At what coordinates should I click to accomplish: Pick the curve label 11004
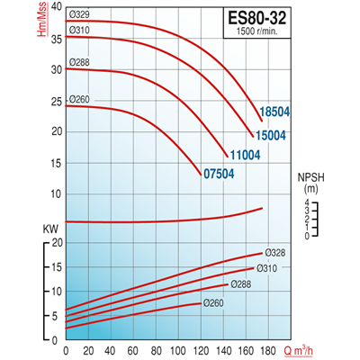point(244,155)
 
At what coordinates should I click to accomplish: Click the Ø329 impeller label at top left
point(53,14)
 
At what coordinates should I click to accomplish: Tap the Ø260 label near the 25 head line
point(53,100)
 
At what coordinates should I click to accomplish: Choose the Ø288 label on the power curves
point(240,283)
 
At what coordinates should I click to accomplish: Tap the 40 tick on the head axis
point(32,6)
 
